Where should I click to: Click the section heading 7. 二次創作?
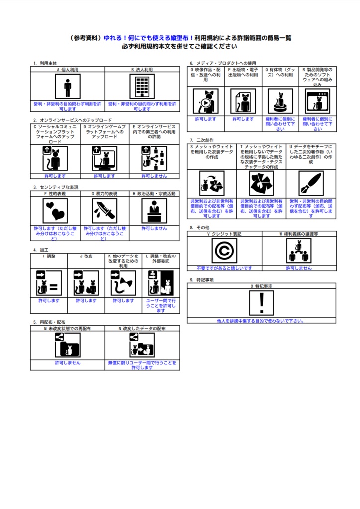pyautogui.click(x=201, y=140)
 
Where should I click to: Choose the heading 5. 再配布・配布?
pyautogui.click(x=49, y=322)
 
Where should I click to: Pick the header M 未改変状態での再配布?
pyautogui.click(x=67, y=329)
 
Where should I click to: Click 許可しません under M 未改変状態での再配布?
pyautogui.click(x=67, y=363)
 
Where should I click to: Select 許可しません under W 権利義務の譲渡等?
pyautogui.click(x=299, y=268)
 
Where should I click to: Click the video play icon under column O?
pyautogui.click(x=205, y=102)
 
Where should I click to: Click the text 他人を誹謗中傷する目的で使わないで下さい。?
pyautogui.click(x=262, y=321)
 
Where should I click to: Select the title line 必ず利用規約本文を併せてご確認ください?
pyautogui.click(x=180, y=46)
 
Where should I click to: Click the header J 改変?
pyautogui.click(x=86, y=256)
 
